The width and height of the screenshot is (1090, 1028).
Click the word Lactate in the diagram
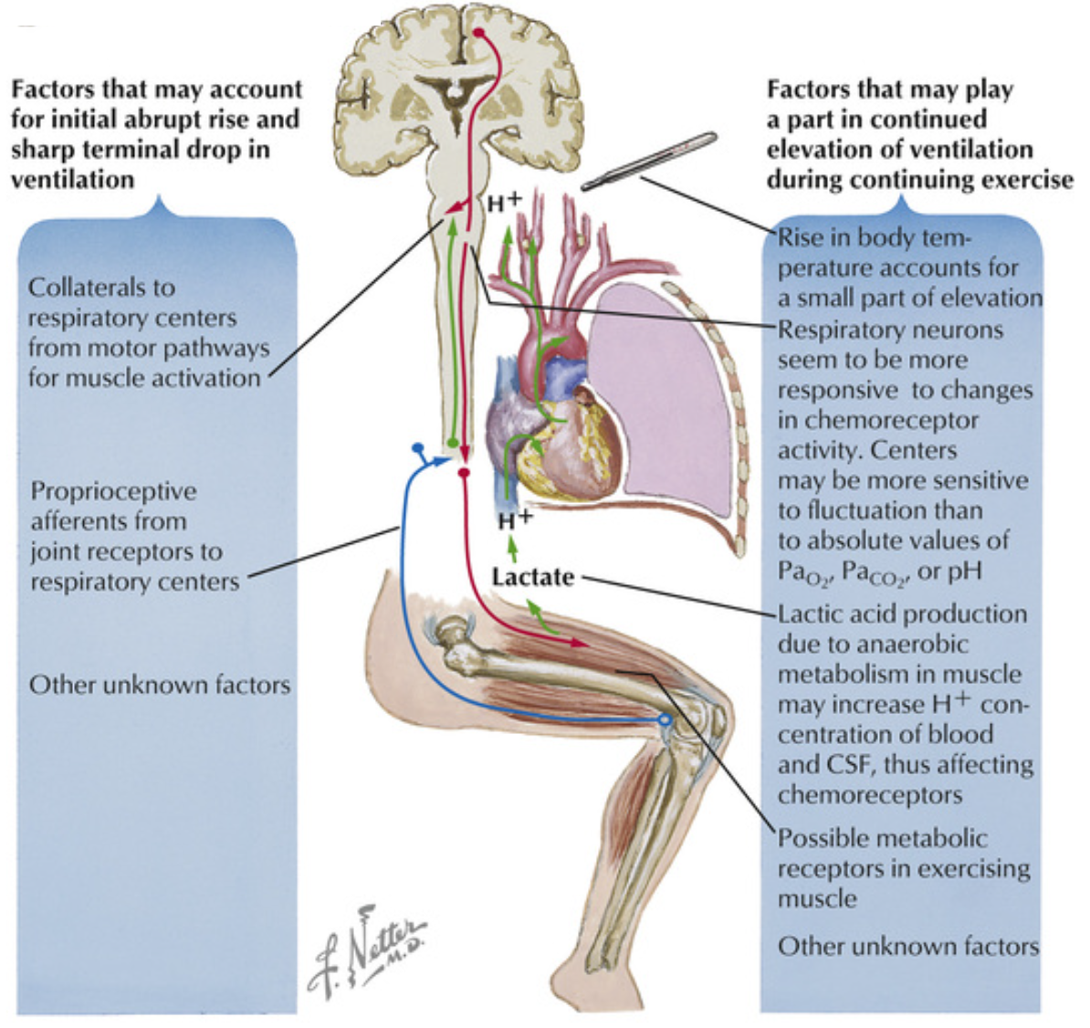click(532, 577)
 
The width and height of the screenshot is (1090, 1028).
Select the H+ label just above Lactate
click(514, 520)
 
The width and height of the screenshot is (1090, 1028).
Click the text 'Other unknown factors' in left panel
click(160, 685)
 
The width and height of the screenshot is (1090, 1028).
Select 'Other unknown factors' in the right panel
click(907, 946)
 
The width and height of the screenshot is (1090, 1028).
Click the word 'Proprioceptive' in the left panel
click(113, 491)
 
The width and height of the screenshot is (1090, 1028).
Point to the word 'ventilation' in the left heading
click(72, 179)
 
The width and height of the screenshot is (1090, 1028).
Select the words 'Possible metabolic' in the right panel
click(882, 838)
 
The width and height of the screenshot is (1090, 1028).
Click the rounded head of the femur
click(450, 631)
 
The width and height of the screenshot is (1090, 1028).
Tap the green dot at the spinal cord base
click(451, 444)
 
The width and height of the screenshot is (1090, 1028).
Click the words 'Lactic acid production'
click(902, 614)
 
